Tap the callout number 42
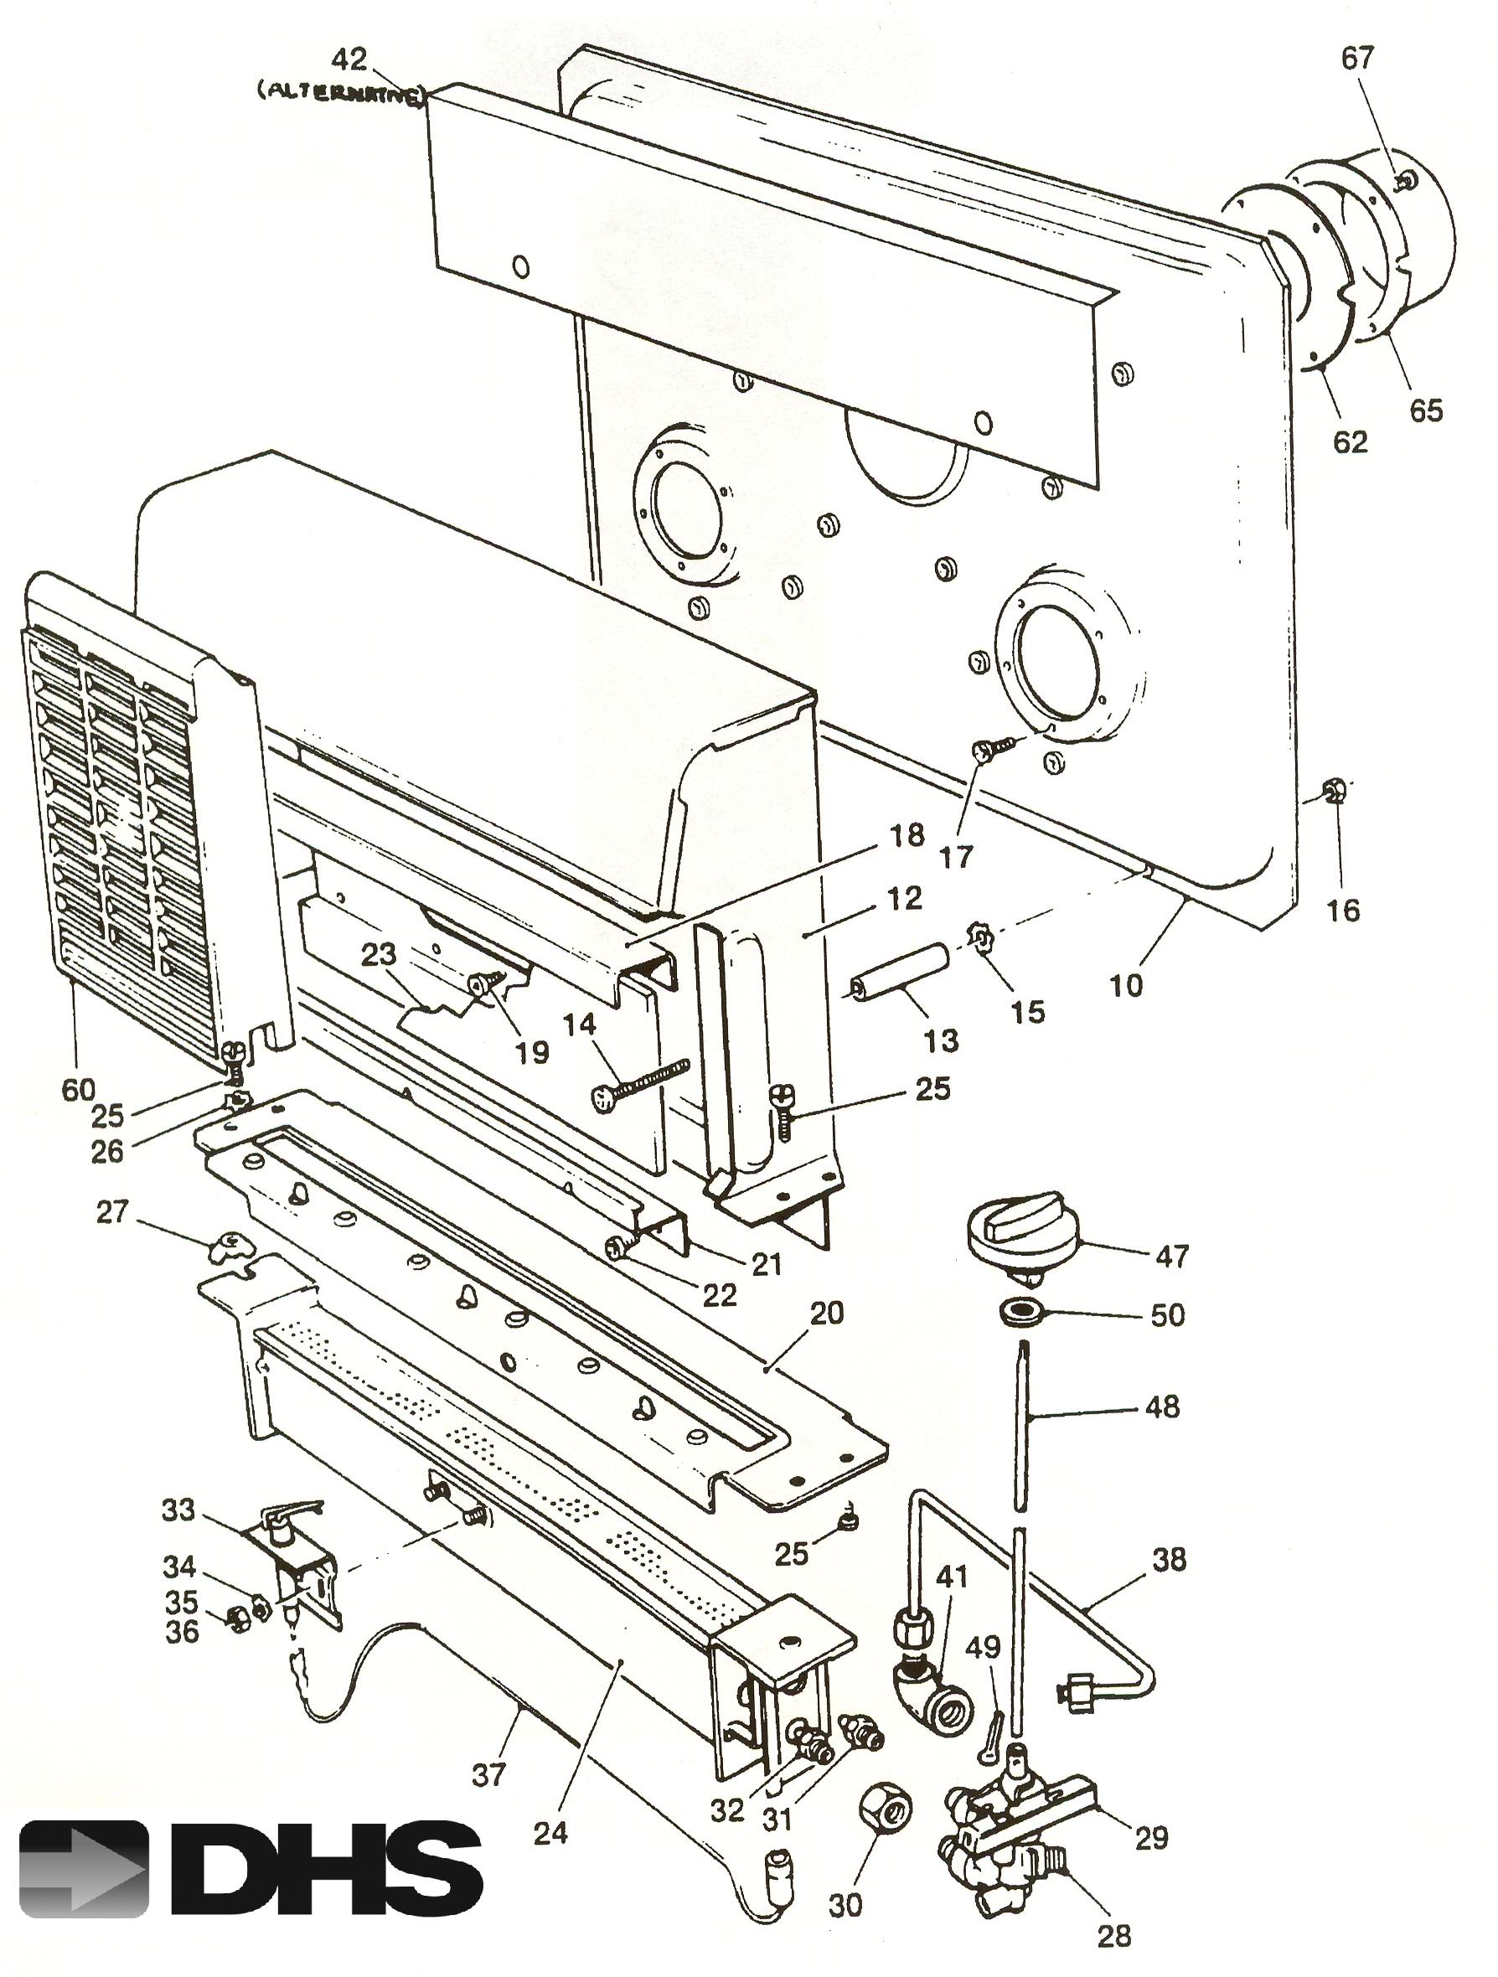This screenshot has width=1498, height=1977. [x=349, y=59]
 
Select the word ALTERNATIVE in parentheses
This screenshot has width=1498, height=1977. [x=340, y=93]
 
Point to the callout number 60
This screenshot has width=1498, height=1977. [x=78, y=1090]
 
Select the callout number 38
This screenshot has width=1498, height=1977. [x=1169, y=1560]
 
